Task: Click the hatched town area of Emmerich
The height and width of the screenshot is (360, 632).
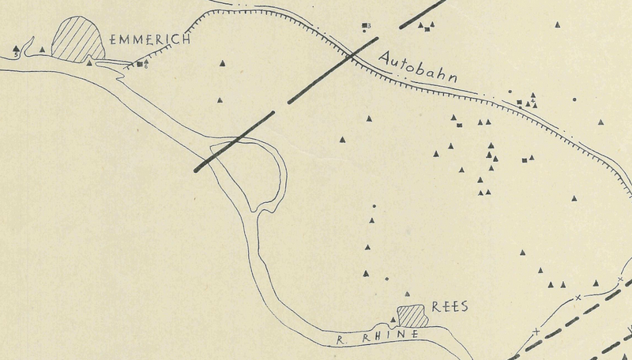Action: pos(77,39)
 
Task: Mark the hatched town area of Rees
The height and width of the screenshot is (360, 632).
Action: pos(412,316)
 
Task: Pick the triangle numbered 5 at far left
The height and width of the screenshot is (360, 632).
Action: pos(17,50)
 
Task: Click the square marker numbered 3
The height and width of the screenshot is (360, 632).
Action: pos(365,25)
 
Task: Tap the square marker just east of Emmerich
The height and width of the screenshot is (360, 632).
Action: pos(140,64)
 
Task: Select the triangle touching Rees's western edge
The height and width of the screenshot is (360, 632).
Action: pos(393,320)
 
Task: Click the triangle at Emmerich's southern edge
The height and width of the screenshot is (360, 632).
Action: pos(89,62)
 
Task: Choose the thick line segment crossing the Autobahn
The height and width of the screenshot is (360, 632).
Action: pos(333,68)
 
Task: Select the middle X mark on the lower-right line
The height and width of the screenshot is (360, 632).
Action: pos(578,298)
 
